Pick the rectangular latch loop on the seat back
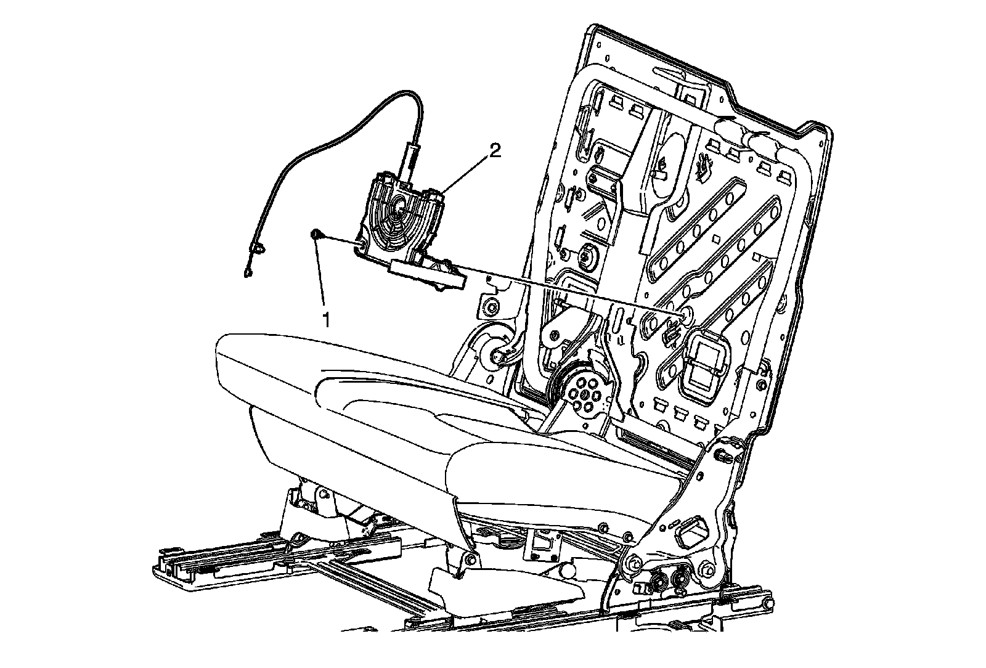coord(703,365)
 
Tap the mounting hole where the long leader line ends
coord(684,316)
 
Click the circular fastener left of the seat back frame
coord(492,306)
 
